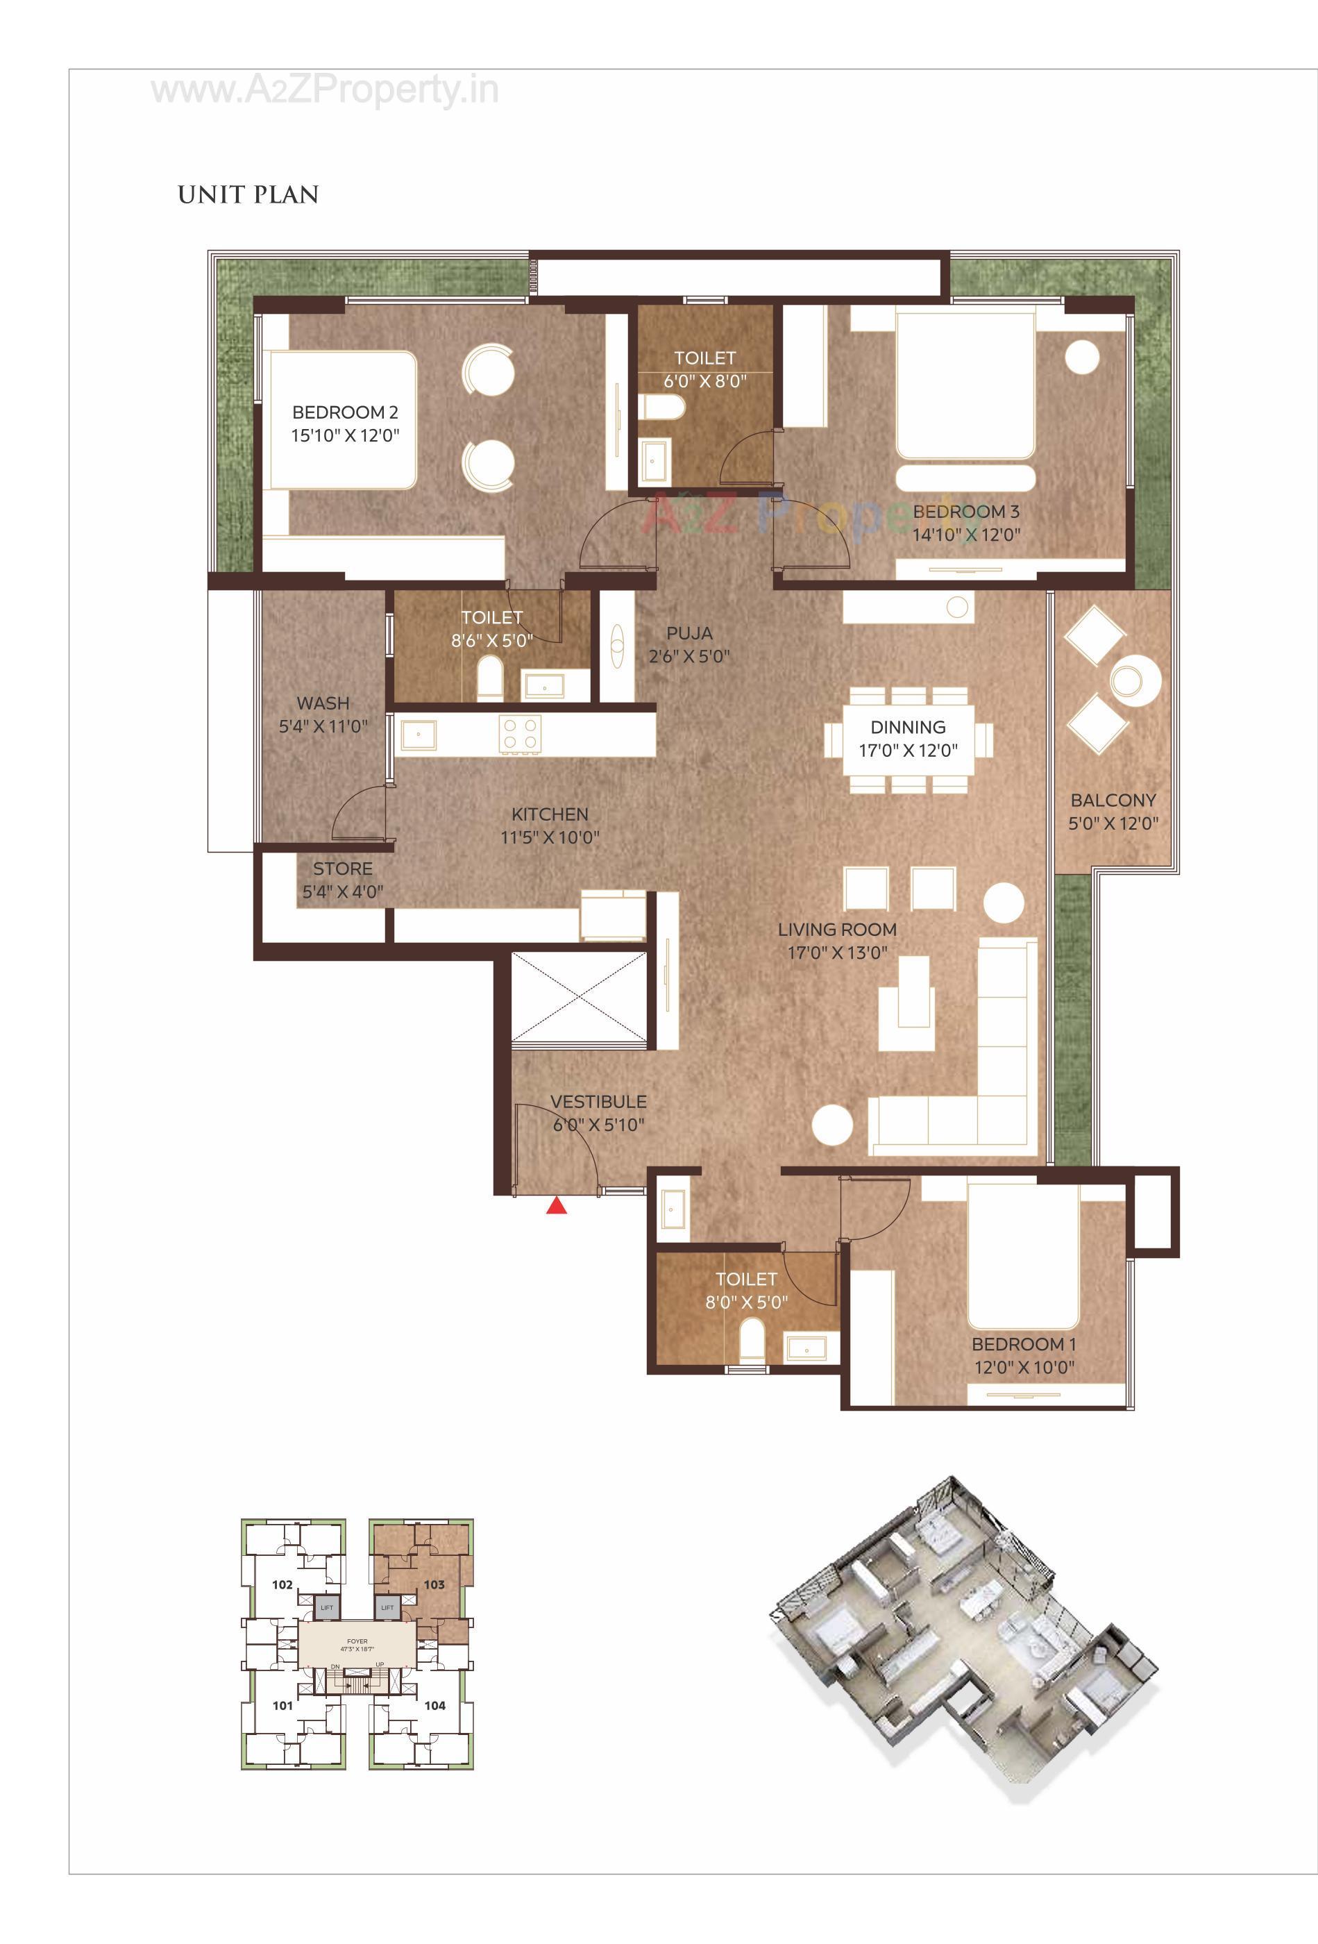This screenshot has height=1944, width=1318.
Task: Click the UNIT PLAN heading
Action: click(248, 195)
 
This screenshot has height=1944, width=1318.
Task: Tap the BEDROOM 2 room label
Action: click(344, 412)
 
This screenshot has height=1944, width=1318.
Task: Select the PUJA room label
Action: click(689, 633)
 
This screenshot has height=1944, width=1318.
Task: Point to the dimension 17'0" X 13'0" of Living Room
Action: click(836, 952)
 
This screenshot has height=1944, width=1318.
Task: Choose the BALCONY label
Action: click(1113, 800)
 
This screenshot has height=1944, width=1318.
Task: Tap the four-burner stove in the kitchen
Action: click(519, 735)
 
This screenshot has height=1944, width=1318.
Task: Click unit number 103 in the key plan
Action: click(433, 1584)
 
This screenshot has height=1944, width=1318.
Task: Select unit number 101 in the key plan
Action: click(282, 1704)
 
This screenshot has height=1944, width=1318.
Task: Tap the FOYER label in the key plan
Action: click(357, 1641)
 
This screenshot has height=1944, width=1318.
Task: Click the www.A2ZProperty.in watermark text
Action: click(325, 90)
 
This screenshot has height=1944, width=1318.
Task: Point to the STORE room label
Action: click(342, 869)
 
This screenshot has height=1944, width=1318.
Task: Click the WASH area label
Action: click(323, 703)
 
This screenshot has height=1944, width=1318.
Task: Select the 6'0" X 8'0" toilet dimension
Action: click(705, 380)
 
